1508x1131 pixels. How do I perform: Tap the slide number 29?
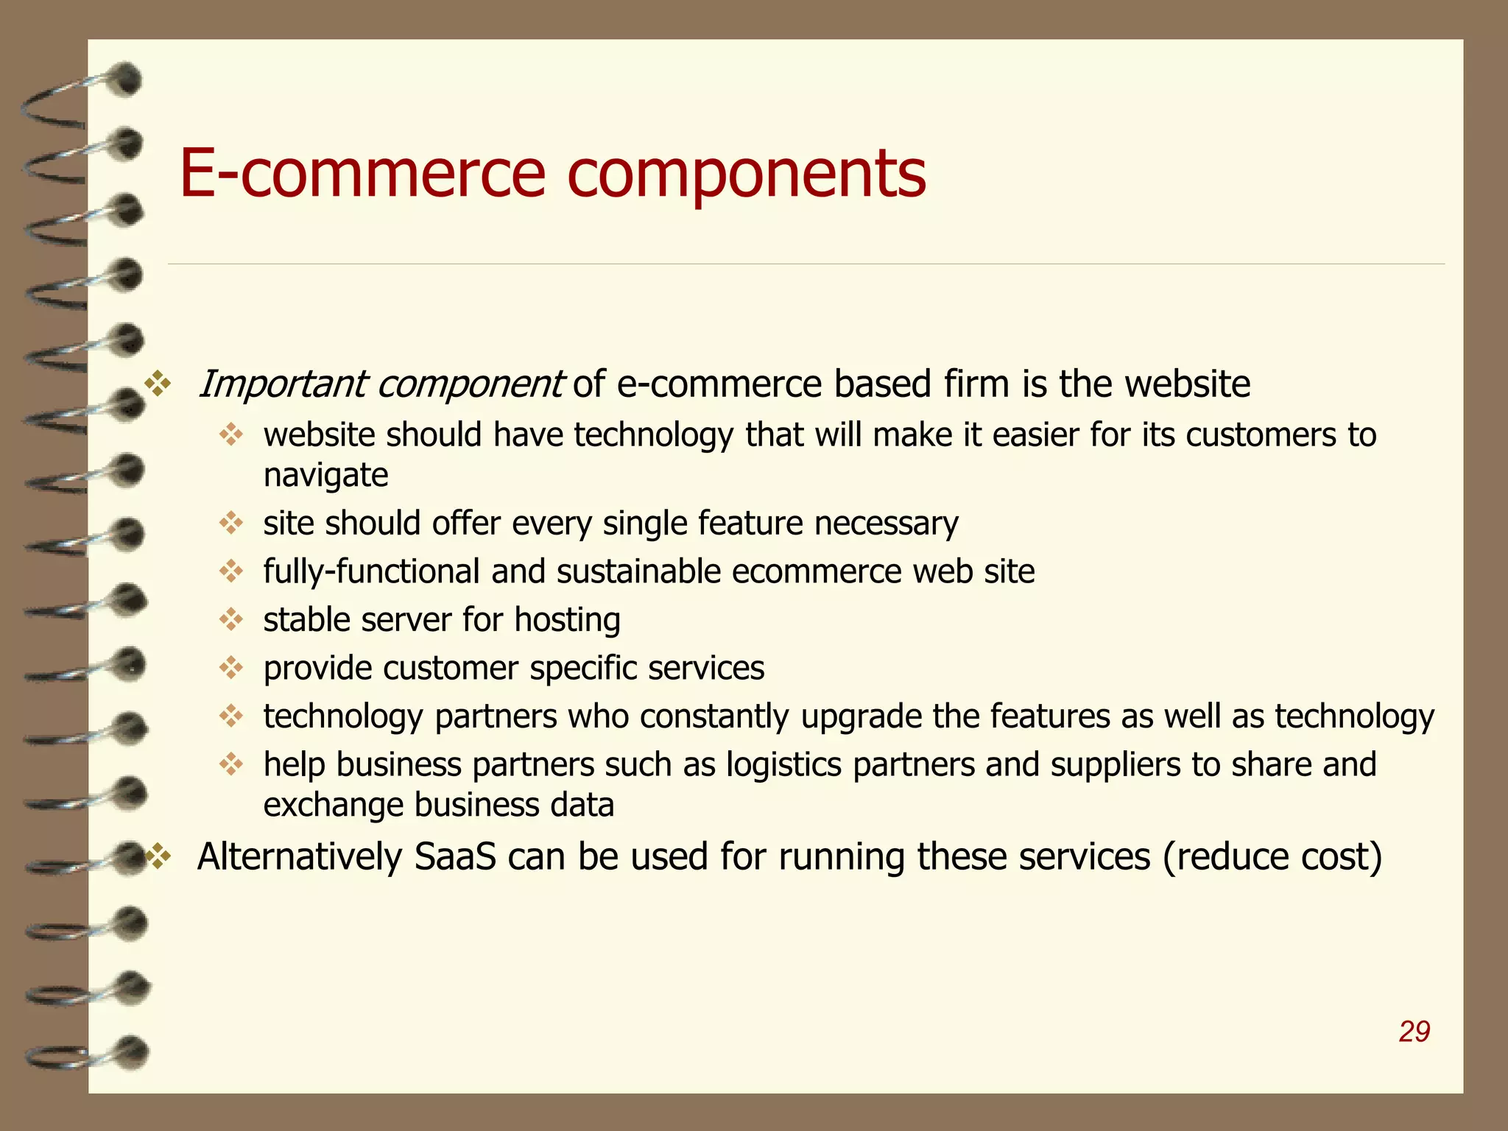coord(1414,1032)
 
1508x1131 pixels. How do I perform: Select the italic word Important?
coord(283,384)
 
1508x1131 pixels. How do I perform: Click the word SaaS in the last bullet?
coord(455,856)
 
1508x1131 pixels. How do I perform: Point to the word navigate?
coord(325,476)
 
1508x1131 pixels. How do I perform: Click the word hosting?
coord(567,620)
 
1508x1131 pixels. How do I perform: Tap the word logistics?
coord(783,764)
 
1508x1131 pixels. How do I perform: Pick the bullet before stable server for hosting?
coord(231,619)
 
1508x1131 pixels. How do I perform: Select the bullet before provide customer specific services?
coord(231,668)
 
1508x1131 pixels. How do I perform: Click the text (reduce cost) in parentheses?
coord(1272,856)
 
